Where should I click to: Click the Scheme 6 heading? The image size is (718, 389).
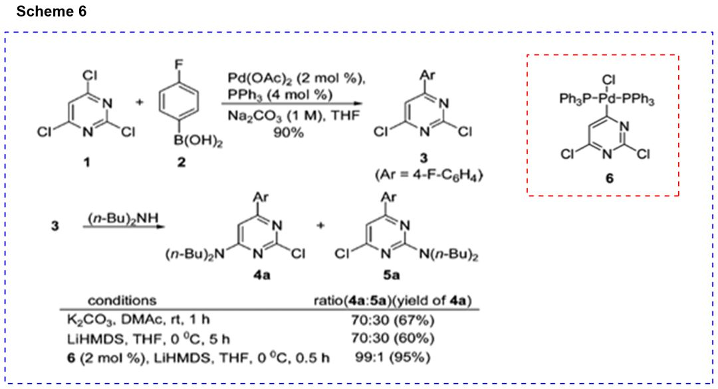click(x=52, y=12)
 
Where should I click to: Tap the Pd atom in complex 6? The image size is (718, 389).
click(x=606, y=100)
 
